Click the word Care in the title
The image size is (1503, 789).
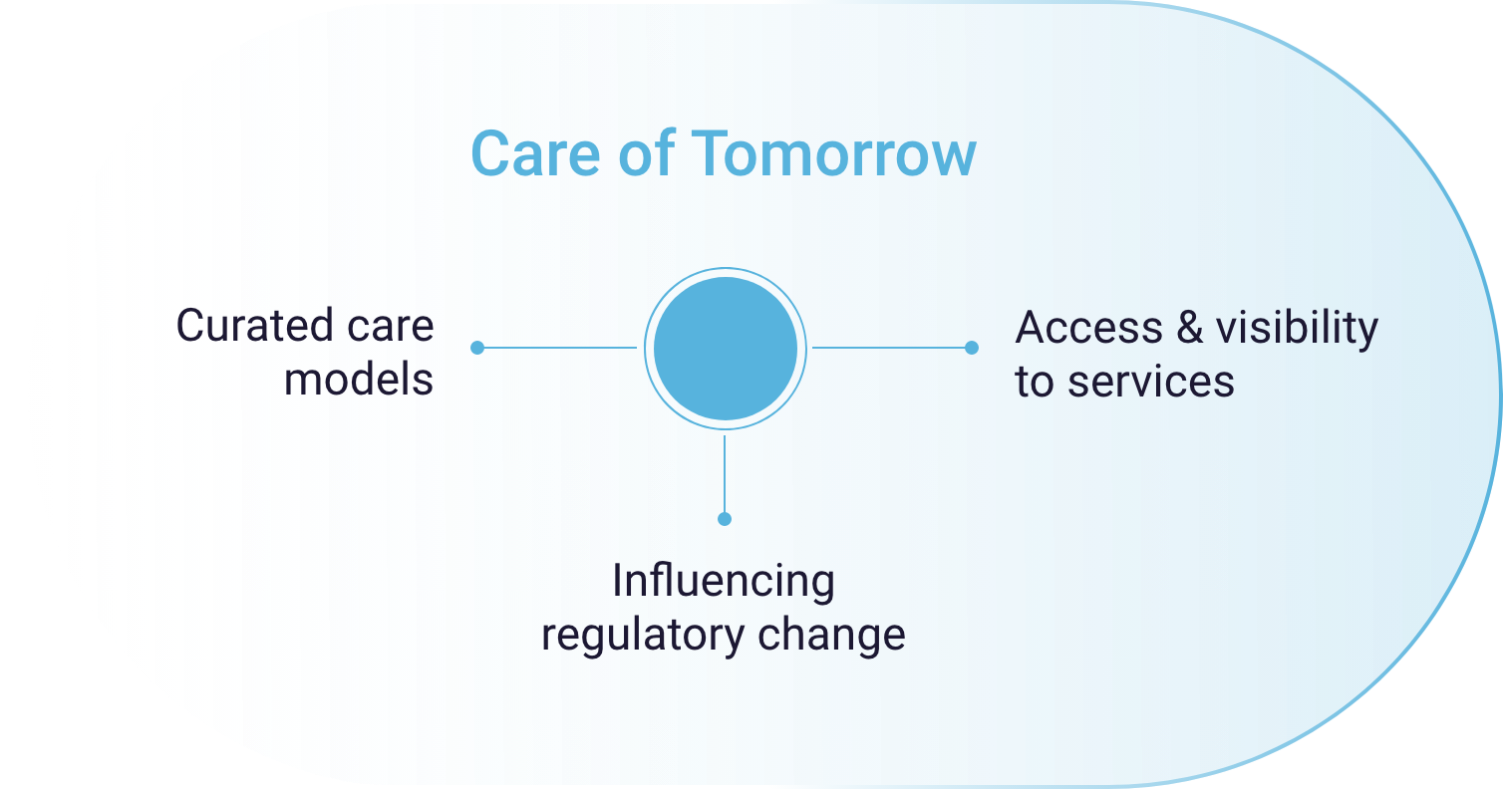535,153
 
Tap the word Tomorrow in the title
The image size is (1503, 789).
833,153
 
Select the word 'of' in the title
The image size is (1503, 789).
646,153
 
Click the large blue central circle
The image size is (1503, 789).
726,349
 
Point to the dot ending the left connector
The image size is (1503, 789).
477,348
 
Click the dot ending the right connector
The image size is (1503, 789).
972,348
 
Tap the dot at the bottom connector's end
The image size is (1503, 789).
725,519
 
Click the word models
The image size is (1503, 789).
359,380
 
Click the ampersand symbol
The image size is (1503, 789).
1190,328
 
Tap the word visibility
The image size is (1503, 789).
1298,329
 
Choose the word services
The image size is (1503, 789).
1151,382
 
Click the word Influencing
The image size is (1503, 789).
724,581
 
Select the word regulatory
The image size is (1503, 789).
643,636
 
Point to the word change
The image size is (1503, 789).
832,636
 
